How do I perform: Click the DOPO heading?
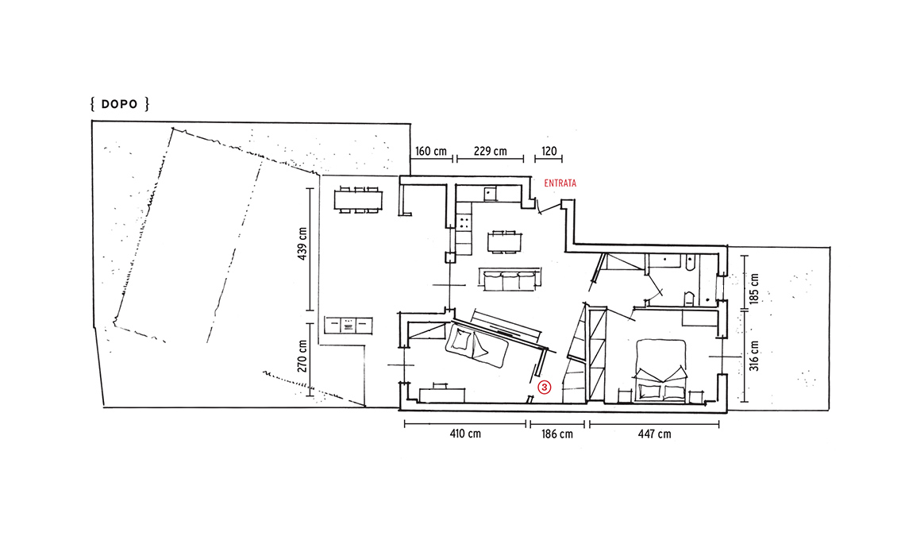coord(119,105)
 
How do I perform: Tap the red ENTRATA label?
coord(560,183)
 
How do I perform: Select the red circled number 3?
coord(545,388)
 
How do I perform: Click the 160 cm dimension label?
coord(431,152)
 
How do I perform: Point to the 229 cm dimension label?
coord(490,152)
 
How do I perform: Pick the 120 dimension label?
coord(549,152)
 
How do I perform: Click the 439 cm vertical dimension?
coord(302,243)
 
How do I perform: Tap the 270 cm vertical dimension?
coord(302,356)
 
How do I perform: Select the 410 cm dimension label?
coord(465,433)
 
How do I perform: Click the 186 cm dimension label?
coord(557,434)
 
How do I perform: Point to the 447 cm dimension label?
coord(654,434)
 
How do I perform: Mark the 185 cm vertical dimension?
coord(754,287)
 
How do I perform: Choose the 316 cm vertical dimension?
coord(754,356)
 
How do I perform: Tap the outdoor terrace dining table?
coord(358,200)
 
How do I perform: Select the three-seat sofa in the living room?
coord(510,280)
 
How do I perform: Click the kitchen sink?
coord(491,194)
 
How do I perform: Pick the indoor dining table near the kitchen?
coord(504,241)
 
